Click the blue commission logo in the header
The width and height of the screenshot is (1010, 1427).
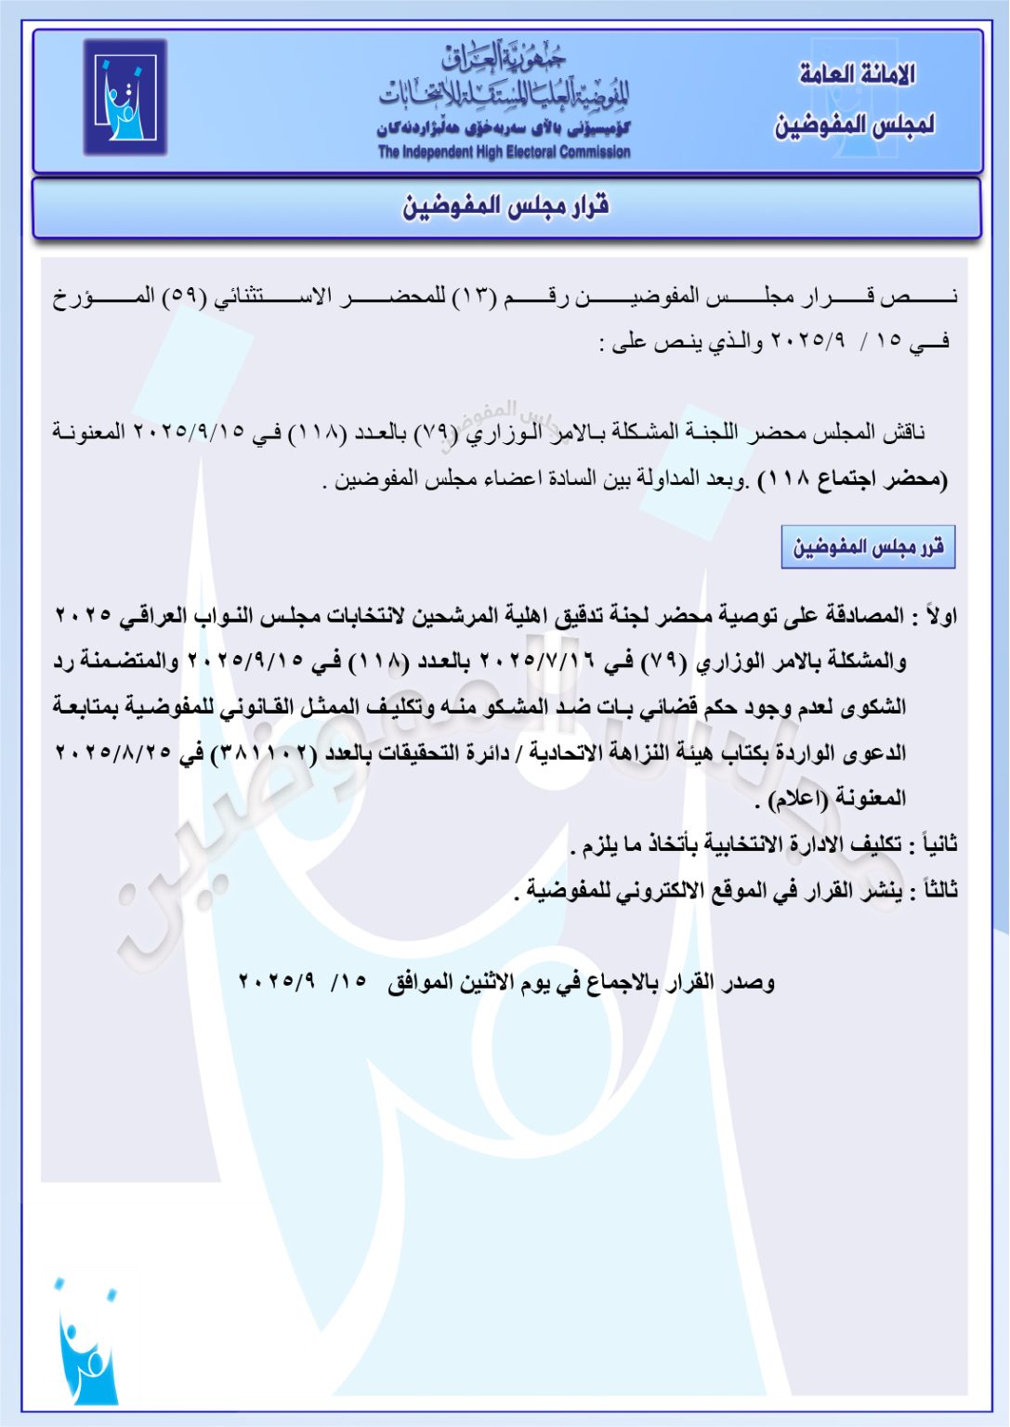click(x=125, y=97)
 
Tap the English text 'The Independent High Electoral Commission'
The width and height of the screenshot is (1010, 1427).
click(x=504, y=151)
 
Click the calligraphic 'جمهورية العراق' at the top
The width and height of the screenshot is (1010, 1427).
click(x=504, y=58)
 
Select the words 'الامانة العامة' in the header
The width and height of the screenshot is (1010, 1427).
click(x=857, y=73)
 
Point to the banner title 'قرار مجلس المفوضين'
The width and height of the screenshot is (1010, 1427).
click(x=505, y=206)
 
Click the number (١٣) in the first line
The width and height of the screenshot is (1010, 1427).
click(x=476, y=297)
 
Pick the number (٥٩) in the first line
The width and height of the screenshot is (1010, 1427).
click(x=183, y=297)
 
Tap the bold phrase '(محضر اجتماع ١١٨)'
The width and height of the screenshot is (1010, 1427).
click(x=853, y=480)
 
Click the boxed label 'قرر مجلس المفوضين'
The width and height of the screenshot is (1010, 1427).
click(x=868, y=546)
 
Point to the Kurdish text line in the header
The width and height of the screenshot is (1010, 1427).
click(x=504, y=128)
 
